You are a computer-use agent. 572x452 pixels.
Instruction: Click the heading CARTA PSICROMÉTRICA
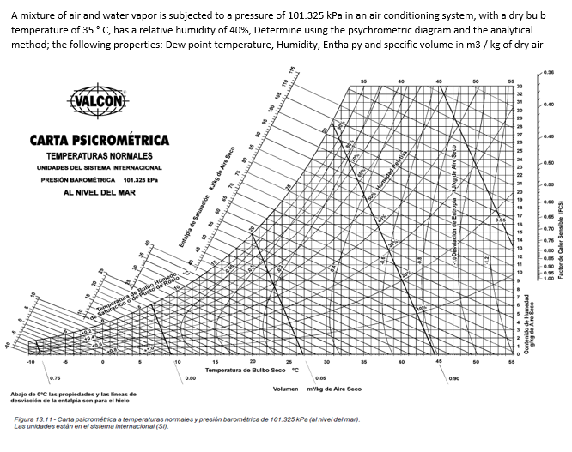click(100, 140)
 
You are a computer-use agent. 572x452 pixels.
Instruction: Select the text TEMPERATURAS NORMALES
click(100, 155)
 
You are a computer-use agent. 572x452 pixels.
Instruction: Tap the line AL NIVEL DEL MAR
click(100, 192)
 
